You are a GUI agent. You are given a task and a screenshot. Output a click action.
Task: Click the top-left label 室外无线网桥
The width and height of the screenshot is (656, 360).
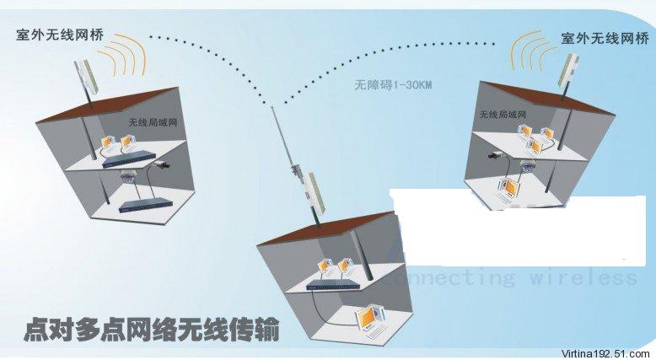(x=56, y=35)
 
